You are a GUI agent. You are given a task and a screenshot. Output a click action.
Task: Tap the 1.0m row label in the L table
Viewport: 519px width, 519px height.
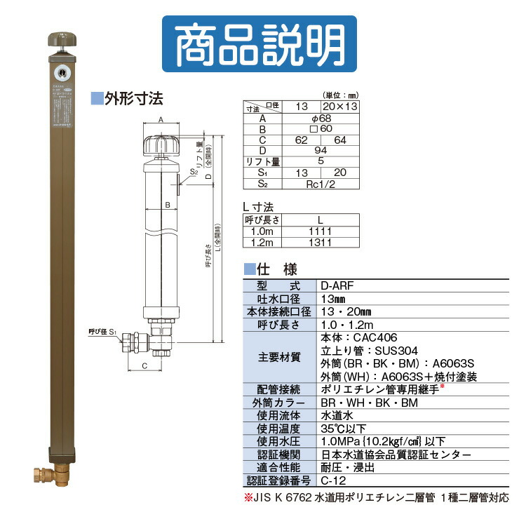pyautogui.click(x=260, y=231)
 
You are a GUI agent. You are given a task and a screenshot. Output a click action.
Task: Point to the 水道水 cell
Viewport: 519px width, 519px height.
pyautogui.click(x=334, y=415)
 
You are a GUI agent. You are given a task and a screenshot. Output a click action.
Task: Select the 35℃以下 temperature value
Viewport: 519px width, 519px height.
pyautogui.click(x=339, y=428)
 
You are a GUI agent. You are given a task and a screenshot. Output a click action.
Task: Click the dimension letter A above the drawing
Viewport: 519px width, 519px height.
pyautogui.click(x=161, y=120)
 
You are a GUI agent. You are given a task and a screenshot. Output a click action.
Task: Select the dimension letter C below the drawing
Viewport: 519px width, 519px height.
pyautogui.click(x=144, y=365)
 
